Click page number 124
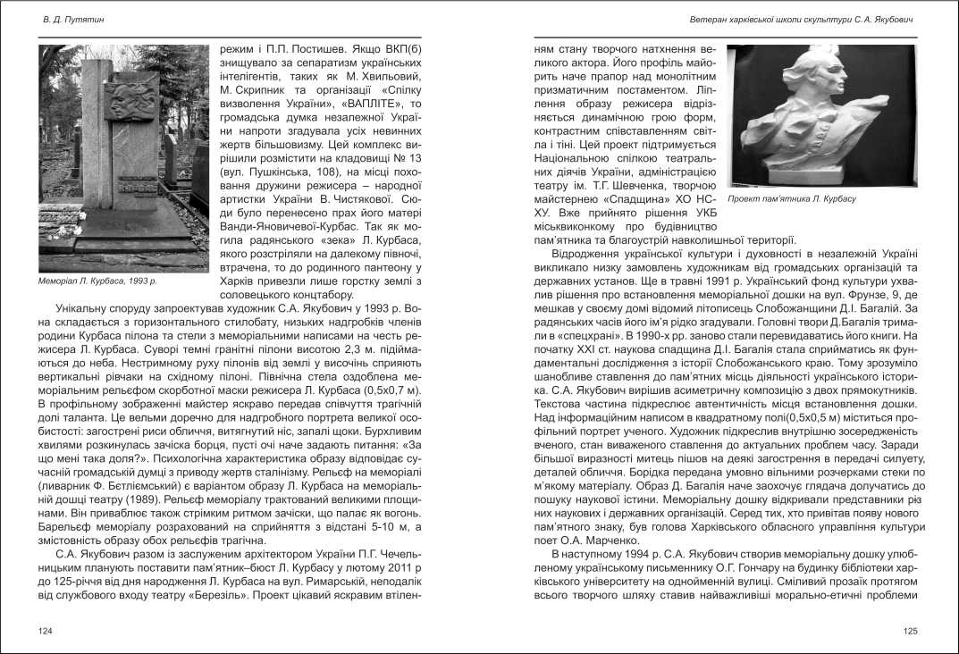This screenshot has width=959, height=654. [46, 631]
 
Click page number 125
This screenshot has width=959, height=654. [910, 631]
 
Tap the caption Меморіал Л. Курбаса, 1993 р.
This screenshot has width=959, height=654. [97, 281]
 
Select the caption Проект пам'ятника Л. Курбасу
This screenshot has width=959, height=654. [792, 198]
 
